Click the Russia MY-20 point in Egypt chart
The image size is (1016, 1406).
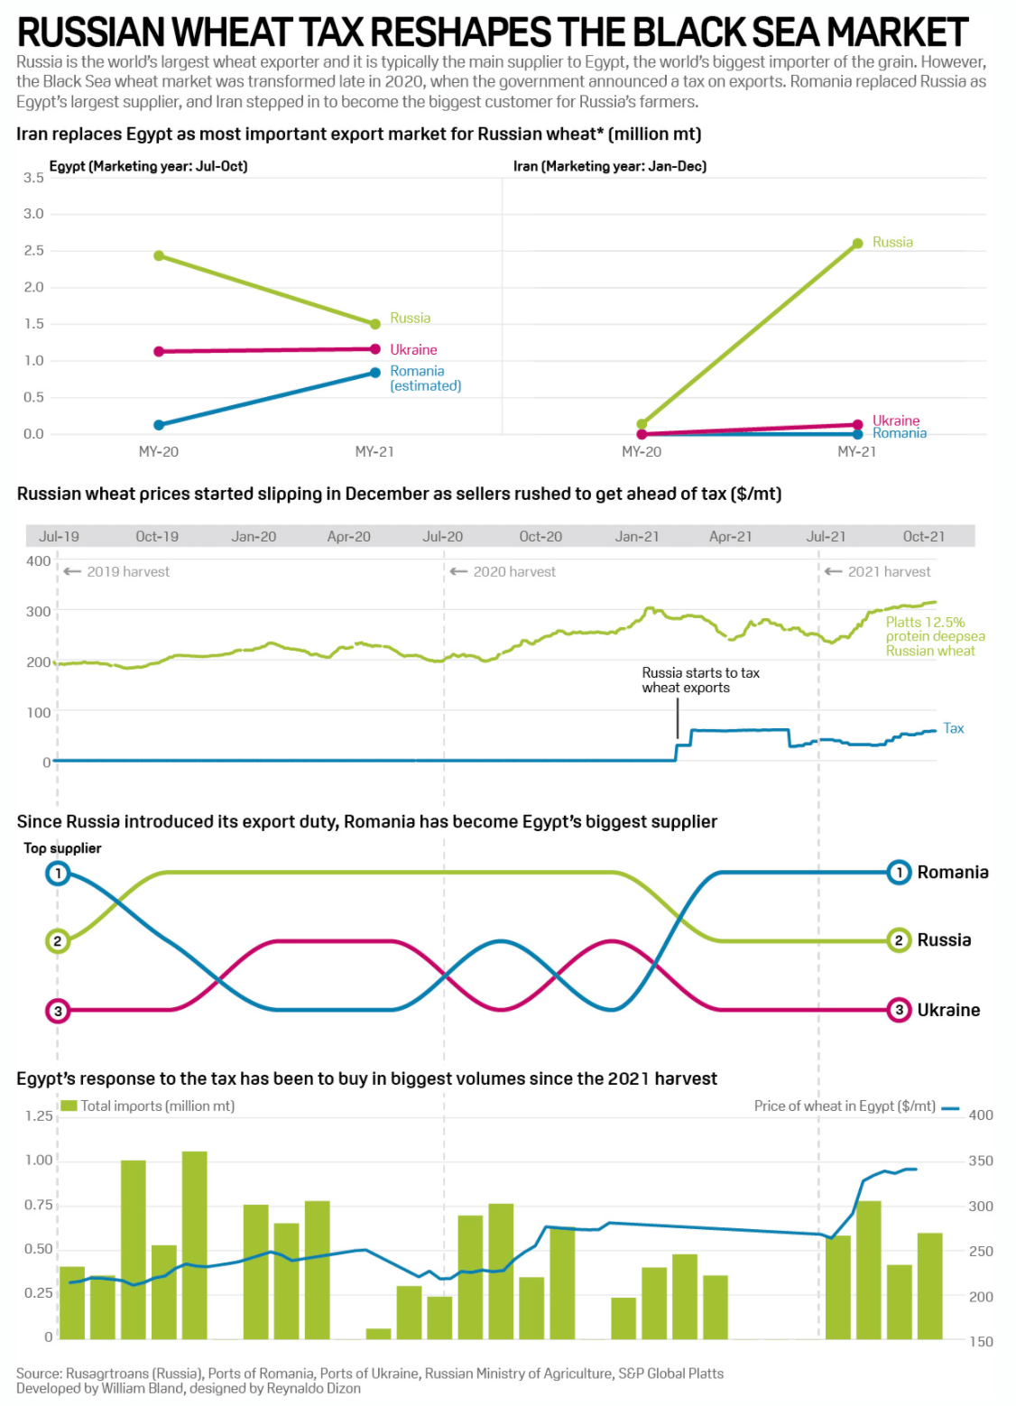[x=159, y=255]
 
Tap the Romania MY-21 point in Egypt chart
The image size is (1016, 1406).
[x=374, y=373]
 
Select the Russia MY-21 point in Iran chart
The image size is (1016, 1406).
[x=857, y=244]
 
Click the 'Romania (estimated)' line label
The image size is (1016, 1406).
[x=425, y=378]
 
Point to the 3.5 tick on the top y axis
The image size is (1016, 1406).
[x=33, y=178]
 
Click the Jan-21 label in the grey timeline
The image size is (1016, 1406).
[x=637, y=536]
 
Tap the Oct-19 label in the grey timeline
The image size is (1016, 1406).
[x=157, y=536]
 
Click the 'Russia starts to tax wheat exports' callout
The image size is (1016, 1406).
[x=700, y=680]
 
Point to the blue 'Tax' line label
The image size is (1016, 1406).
[x=953, y=728]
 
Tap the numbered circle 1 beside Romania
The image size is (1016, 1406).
[x=899, y=873]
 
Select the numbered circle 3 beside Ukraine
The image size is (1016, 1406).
[x=899, y=1010]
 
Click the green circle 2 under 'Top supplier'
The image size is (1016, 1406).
[x=58, y=941]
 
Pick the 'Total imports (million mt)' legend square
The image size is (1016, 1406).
[x=69, y=1105]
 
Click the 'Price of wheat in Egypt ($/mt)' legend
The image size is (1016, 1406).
[x=845, y=1106]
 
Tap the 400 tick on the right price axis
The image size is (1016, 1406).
[x=981, y=1115]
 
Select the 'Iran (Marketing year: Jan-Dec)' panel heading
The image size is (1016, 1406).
[x=610, y=166]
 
